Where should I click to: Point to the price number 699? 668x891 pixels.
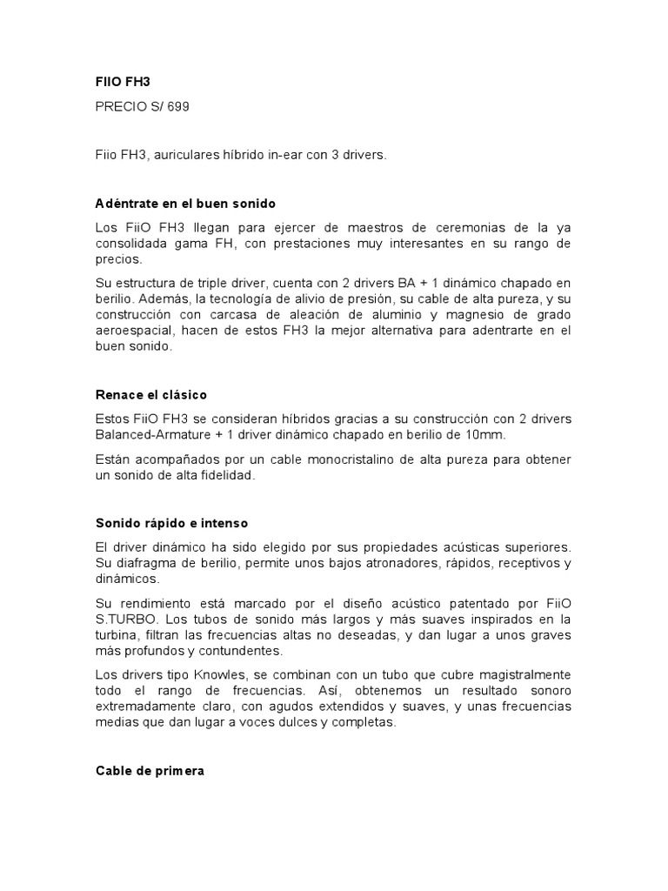point(175,108)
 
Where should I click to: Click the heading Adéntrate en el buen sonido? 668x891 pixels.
point(184,204)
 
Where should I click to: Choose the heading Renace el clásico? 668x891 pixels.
point(150,395)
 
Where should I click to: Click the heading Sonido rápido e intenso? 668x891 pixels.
point(171,523)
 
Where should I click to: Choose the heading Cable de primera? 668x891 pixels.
point(149,771)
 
